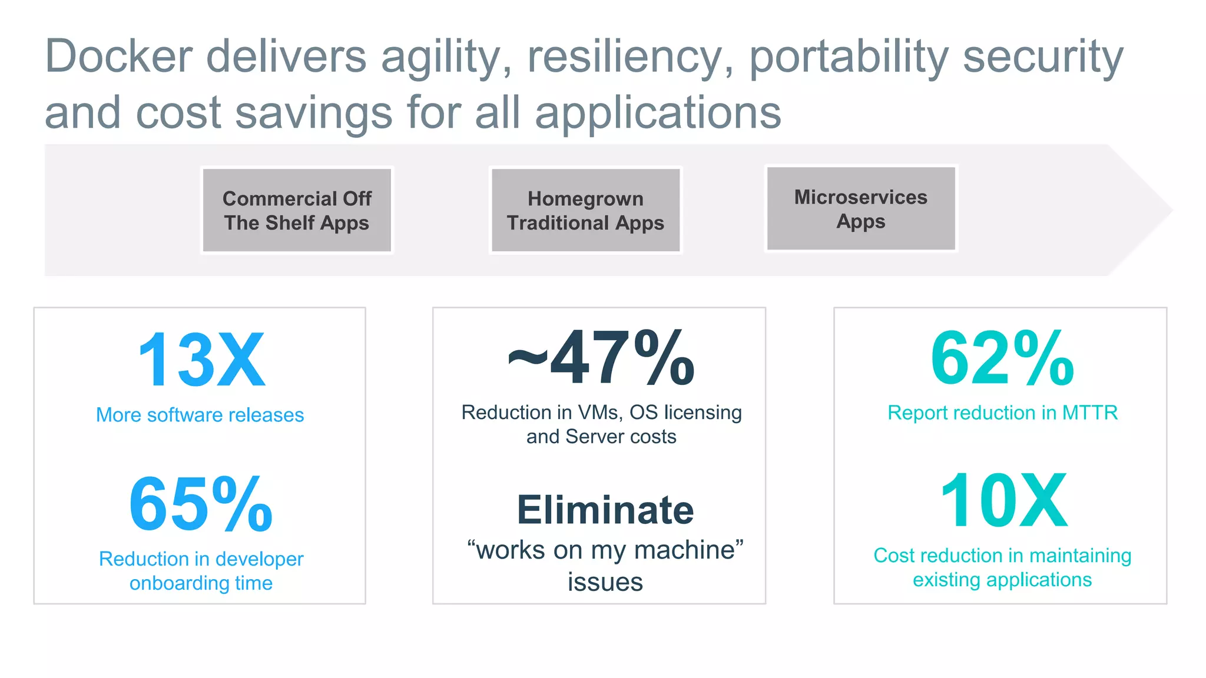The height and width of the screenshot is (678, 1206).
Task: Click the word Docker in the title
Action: click(118, 57)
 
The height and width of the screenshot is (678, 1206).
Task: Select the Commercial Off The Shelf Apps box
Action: click(297, 210)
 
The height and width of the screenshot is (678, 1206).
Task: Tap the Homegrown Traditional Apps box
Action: click(585, 210)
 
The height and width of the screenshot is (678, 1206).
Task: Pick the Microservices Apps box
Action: click(860, 208)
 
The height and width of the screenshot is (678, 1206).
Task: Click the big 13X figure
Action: click(201, 360)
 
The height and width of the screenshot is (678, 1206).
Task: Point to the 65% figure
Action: click(201, 504)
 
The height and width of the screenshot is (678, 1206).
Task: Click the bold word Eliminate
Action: click(605, 510)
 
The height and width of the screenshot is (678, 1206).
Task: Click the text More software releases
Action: click(200, 415)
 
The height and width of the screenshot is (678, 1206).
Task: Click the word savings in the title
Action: click(313, 113)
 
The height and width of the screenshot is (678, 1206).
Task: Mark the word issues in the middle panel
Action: click(605, 582)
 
